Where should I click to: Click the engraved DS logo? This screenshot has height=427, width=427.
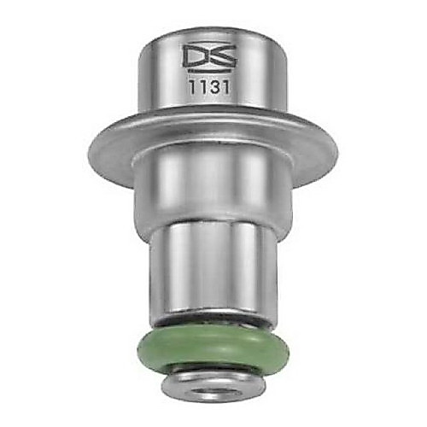click(x=208, y=57)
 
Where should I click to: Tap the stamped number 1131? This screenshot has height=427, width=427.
click(x=209, y=87)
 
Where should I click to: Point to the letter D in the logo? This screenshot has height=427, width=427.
click(x=196, y=56)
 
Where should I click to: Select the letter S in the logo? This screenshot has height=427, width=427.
click(x=222, y=56)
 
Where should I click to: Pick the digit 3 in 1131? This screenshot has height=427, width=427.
click(x=216, y=88)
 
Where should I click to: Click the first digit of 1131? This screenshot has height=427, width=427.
click(x=193, y=88)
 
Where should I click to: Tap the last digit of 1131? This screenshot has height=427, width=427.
click(x=226, y=88)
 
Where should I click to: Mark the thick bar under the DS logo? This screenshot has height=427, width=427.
click(x=208, y=69)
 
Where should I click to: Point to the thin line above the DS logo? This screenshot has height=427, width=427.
click(x=208, y=43)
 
